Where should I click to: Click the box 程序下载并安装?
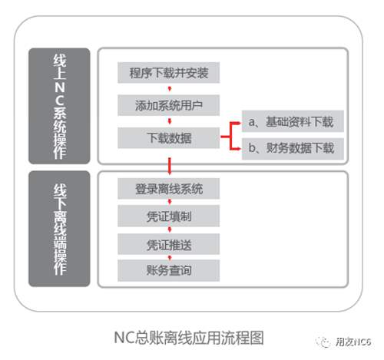click(x=168, y=73)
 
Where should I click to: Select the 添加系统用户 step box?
click(x=168, y=105)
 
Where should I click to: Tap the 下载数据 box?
click(x=168, y=137)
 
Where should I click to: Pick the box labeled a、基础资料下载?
click(x=293, y=121)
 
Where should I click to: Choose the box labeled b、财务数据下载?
click(x=293, y=149)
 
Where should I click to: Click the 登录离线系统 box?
click(x=168, y=189)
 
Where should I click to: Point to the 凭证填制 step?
click(x=168, y=216)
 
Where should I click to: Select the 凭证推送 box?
click(x=168, y=244)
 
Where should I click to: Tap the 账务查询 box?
click(x=168, y=270)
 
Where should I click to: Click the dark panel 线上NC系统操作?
click(x=59, y=106)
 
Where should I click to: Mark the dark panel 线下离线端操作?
click(x=59, y=229)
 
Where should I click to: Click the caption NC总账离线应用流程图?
click(x=189, y=338)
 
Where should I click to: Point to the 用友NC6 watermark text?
click(x=353, y=342)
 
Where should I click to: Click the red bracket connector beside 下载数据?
click(x=230, y=137)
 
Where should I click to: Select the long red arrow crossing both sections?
click(x=169, y=167)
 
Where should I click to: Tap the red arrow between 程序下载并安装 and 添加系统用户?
click(x=170, y=89)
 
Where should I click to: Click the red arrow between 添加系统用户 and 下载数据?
click(x=170, y=121)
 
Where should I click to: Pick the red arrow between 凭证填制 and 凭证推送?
click(x=170, y=230)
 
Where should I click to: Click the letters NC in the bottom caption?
click(x=121, y=338)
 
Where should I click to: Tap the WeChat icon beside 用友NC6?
click(x=324, y=342)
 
